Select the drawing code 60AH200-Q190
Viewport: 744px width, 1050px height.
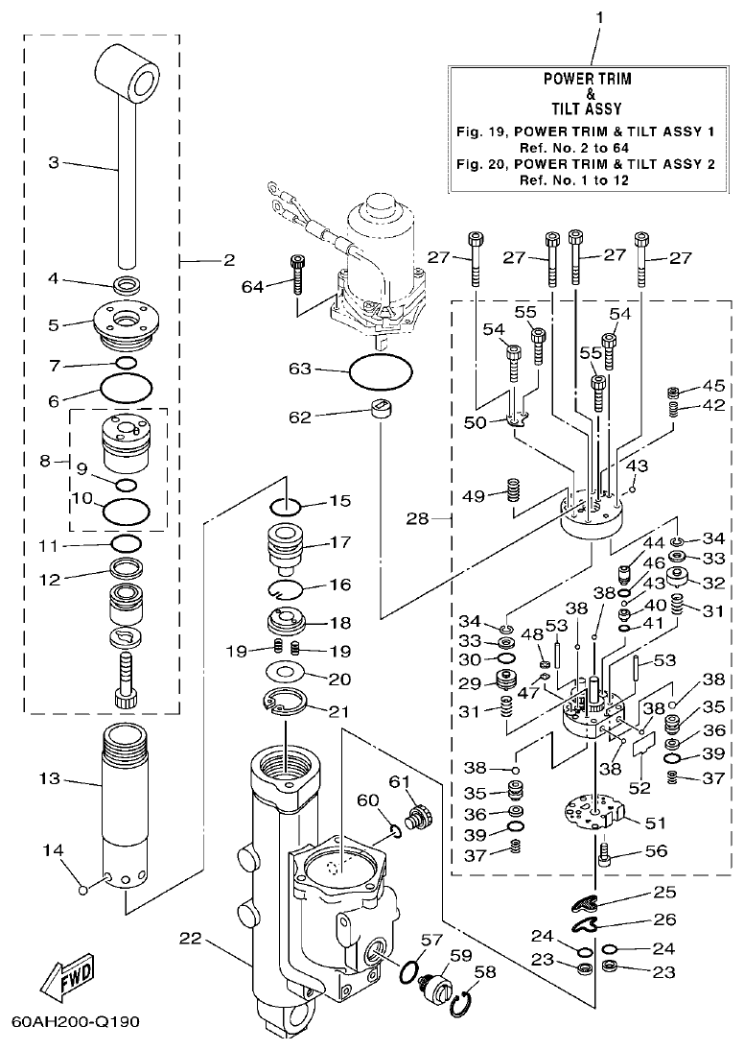coord(77,1020)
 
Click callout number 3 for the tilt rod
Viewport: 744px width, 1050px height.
coord(55,163)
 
